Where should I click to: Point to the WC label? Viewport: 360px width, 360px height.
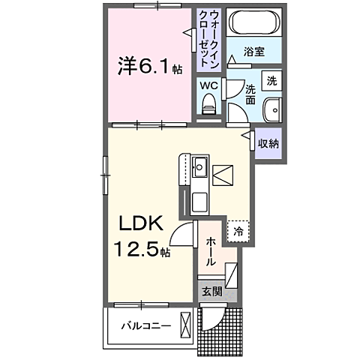[209, 85]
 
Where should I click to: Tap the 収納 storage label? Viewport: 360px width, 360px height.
[268, 143]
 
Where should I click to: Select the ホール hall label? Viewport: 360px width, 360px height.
[211, 250]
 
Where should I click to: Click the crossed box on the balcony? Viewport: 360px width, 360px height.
[186, 326]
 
